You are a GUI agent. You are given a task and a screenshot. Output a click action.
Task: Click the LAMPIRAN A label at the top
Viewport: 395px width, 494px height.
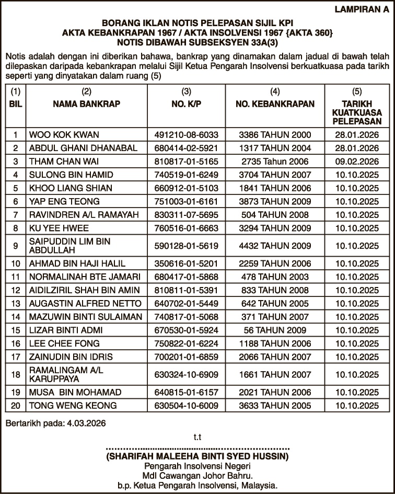362,9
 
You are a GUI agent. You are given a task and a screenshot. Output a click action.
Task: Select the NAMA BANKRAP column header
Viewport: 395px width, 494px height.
87,104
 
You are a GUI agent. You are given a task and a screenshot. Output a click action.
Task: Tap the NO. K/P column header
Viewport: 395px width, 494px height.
187,104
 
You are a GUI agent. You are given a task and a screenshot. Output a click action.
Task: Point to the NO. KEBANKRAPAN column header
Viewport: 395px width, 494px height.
275,104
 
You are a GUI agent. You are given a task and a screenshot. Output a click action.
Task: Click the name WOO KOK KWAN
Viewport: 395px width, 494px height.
64,134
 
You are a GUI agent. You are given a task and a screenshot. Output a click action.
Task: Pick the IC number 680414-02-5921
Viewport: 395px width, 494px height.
187,148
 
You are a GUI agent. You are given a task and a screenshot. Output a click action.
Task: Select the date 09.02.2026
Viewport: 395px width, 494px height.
357,162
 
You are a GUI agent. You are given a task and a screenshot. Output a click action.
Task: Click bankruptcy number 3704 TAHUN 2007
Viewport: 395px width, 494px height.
275,175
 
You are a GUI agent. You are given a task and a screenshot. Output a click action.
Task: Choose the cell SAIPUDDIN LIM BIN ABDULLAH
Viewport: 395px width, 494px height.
70,245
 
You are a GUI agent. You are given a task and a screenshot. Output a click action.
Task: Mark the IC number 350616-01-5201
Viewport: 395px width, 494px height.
187,263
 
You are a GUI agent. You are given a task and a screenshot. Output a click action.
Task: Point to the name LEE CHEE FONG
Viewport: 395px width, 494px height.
65,343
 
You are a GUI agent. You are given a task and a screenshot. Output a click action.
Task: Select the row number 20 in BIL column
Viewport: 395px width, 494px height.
16,405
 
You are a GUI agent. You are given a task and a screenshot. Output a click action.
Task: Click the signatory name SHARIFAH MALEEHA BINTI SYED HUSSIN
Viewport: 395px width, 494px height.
197,456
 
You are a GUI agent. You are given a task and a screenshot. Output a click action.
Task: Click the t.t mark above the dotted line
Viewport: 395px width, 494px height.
197,437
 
